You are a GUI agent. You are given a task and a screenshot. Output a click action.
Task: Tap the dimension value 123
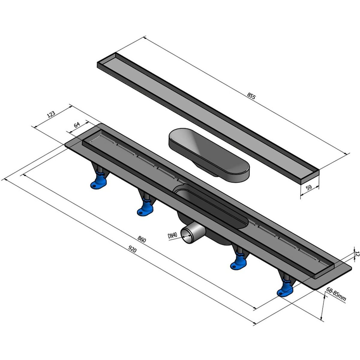tap(51, 114)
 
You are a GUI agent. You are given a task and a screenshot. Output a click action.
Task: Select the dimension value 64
tap(76, 124)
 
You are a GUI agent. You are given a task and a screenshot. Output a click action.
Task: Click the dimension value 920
tap(132, 249)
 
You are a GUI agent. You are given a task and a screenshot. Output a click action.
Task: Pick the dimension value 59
tap(309, 187)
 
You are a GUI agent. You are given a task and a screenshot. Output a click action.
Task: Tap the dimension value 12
tap(357, 254)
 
